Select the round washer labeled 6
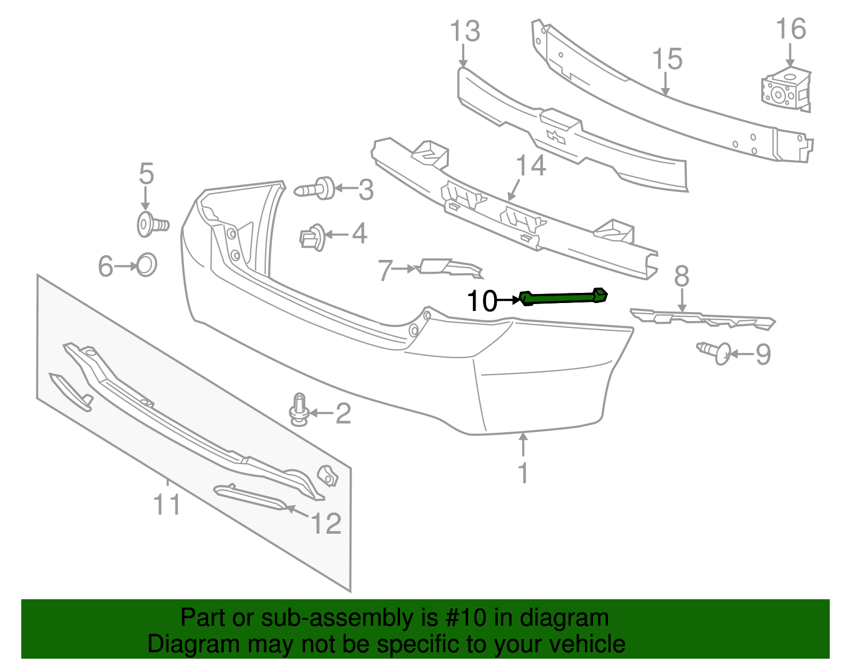tap(146, 265)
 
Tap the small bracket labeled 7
tap(450, 267)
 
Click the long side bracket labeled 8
tap(702, 318)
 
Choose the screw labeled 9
tap(714, 352)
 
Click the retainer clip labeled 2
tap(299, 410)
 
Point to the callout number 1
tap(523, 472)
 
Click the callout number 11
tap(167, 504)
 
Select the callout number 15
tap(667, 59)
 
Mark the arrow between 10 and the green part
tap(508, 300)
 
